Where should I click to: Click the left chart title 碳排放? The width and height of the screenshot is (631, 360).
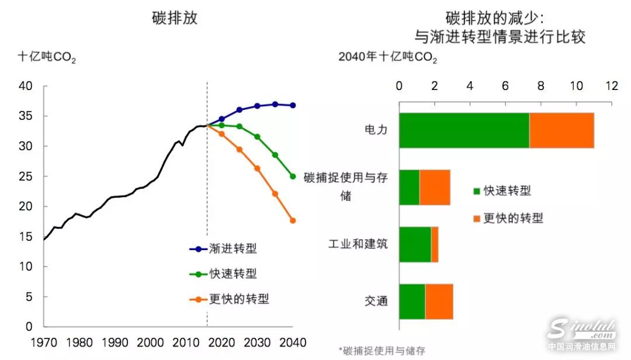click(x=174, y=18)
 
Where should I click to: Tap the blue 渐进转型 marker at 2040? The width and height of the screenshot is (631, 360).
click(x=293, y=105)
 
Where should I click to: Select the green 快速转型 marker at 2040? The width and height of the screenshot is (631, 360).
click(x=293, y=176)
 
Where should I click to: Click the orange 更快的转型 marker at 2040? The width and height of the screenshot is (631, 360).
click(x=293, y=220)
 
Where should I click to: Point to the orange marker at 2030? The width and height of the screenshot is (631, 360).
click(x=257, y=168)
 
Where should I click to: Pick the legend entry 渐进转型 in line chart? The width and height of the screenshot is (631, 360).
click(x=223, y=249)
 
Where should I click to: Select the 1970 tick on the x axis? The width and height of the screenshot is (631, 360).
click(x=43, y=341)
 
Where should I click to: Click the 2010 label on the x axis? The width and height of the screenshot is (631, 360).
click(x=187, y=341)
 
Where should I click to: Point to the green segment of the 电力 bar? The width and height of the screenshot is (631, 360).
click(x=464, y=130)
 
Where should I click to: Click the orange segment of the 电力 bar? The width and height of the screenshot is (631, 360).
click(x=561, y=130)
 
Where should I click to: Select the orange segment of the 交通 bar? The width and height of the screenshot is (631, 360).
click(x=439, y=302)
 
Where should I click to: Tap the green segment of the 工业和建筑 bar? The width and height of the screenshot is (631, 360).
click(x=415, y=244)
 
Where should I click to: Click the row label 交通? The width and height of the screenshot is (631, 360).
click(x=376, y=301)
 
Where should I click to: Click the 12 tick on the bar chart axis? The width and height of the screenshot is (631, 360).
click(x=612, y=85)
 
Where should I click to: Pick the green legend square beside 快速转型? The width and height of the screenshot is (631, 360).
click(x=476, y=191)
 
